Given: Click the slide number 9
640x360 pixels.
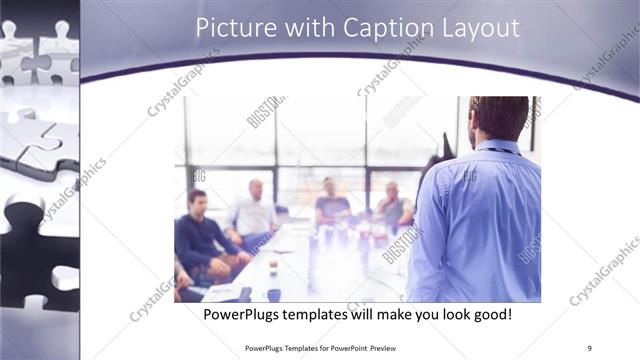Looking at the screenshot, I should [x=589, y=347].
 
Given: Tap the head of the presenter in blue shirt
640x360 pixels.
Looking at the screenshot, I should [x=499, y=116].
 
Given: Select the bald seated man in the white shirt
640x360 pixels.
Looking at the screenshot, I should [x=254, y=212].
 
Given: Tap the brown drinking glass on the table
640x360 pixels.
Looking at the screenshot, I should [x=273, y=267].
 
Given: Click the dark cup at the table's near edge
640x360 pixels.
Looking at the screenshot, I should [x=274, y=294].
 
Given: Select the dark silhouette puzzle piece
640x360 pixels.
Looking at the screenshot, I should [x=36, y=250].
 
